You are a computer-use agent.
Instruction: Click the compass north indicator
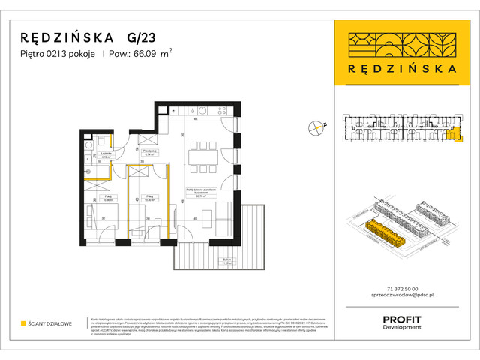tap(316, 126)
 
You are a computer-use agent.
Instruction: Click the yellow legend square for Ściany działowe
tap(23, 323)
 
